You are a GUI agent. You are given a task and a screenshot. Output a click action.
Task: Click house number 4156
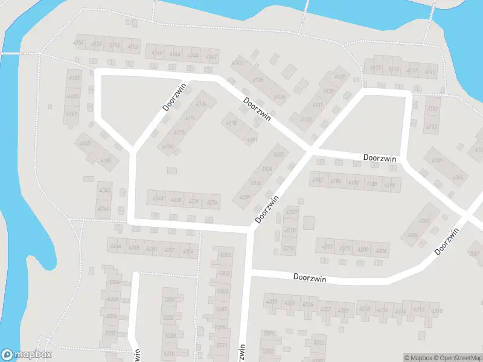pyautogui.click(x=78, y=43)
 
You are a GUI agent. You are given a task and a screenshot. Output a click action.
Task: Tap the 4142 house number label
pyautogui.click(x=211, y=57)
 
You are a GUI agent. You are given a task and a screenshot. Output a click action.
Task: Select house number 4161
pyautogui.click(x=72, y=113)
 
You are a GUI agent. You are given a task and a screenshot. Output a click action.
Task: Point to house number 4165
pyautogui.click(x=106, y=160)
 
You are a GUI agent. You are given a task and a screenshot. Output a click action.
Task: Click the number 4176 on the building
pyautogui.click(x=202, y=104)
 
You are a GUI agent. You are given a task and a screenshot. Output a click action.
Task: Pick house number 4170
pyautogui.click(x=168, y=147)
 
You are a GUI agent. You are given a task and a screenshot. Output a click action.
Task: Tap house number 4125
pyautogui.click(x=376, y=68)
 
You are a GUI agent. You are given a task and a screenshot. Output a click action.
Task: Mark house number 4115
pyautogui.click(x=431, y=127)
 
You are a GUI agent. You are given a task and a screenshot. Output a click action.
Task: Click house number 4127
pyautogui.click(x=340, y=77)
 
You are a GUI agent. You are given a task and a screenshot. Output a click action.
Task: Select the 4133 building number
pyautogui.click(x=305, y=119)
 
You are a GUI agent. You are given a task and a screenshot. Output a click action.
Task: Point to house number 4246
pyautogui.click(x=116, y=246)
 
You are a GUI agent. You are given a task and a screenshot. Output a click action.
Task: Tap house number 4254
pyautogui.click(x=188, y=251)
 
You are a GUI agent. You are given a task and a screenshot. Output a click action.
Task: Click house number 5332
pyautogui.click(x=110, y=333)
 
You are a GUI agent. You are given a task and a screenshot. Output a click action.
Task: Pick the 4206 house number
pyautogui.click(x=381, y=250)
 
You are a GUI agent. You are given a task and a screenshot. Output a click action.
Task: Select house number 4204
pyautogui.click(x=414, y=235)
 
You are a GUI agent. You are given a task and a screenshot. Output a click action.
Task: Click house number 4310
pyautogui.click(x=437, y=311)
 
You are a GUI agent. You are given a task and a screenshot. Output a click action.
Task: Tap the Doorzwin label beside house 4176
pyautogui.click(x=174, y=96)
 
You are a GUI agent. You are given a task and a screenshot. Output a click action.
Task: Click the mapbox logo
pyautogui.click(x=27, y=355)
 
